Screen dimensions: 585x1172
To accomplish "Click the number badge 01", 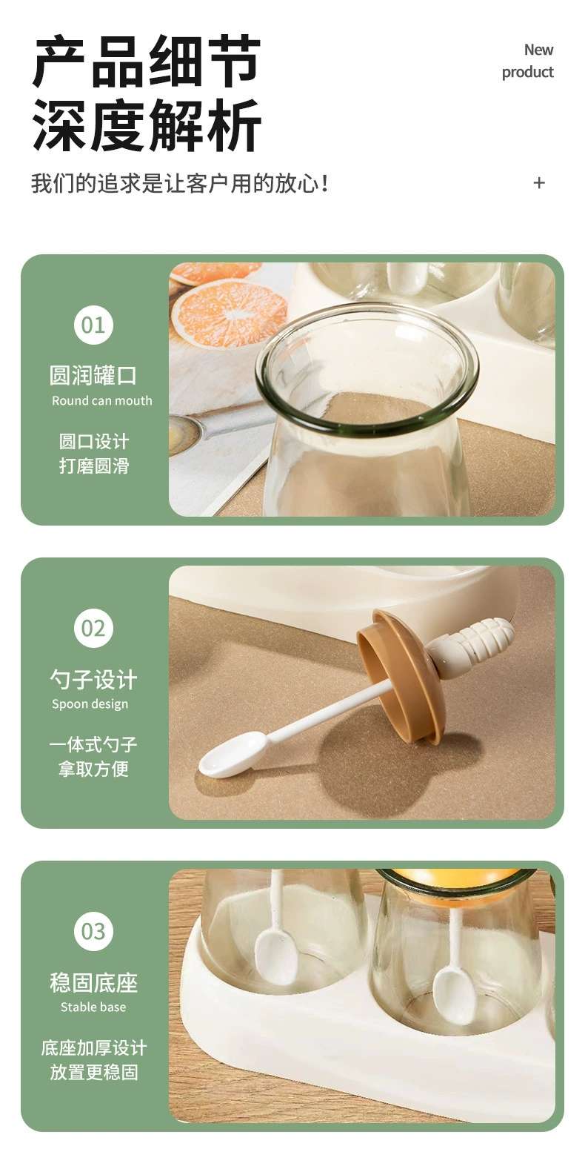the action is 93,325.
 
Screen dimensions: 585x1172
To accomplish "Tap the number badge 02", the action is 93,628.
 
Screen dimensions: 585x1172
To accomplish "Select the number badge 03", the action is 93,931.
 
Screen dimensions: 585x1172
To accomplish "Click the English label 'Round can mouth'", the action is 102,401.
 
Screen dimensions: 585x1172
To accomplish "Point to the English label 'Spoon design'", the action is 90,704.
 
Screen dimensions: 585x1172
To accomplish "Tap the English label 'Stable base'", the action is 93,1007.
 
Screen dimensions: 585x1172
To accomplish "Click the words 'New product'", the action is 528,61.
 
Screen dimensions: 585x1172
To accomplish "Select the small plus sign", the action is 539,182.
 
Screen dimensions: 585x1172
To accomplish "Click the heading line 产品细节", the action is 147,61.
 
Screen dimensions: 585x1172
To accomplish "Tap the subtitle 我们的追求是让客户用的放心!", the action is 180,184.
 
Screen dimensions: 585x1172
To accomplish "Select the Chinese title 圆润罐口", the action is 93,375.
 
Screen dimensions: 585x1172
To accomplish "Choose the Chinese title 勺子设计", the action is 93,678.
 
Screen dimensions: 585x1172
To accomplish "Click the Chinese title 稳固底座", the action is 93,982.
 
